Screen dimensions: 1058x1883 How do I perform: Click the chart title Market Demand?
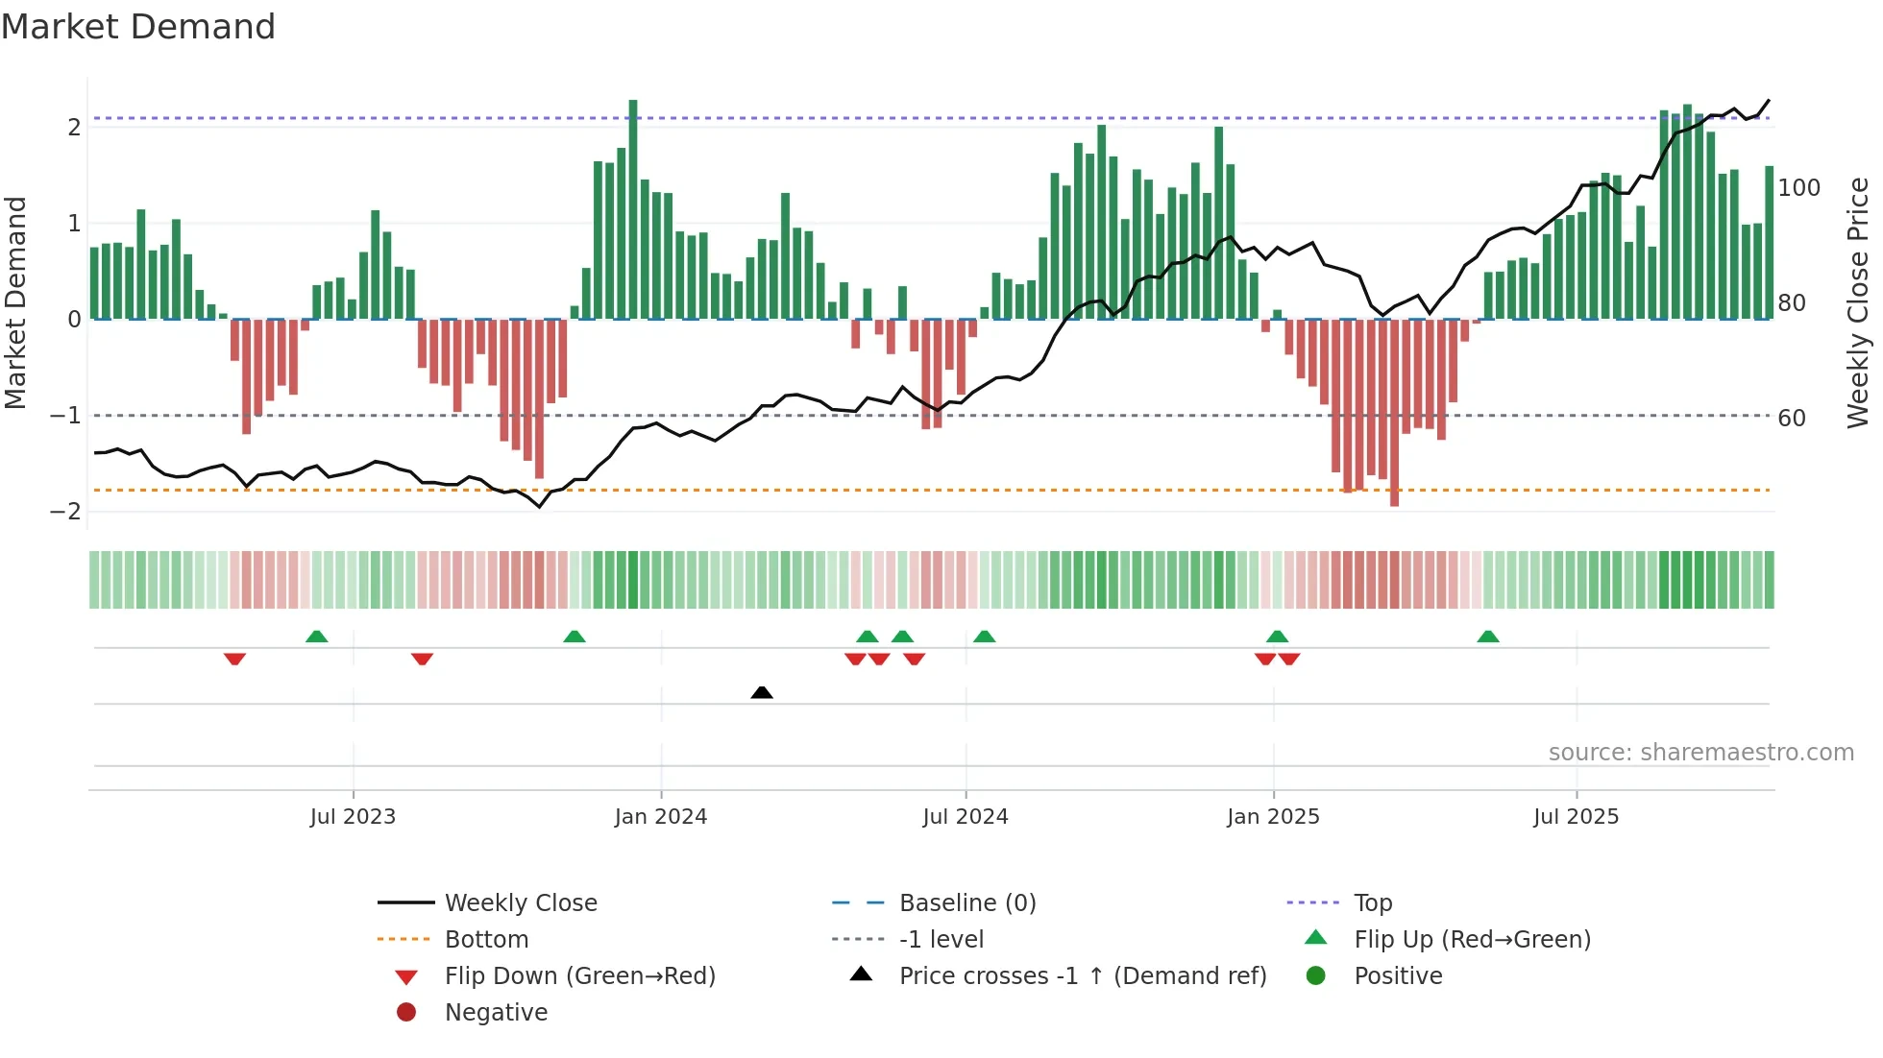(138, 27)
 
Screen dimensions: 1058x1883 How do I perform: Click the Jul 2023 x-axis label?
(353, 817)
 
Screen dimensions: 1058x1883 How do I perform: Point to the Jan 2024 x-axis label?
(661, 817)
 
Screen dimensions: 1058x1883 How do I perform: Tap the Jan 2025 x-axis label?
(1273, 817)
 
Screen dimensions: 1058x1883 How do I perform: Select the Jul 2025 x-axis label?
(1577, 817)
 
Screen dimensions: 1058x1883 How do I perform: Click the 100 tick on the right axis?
(1798, 188)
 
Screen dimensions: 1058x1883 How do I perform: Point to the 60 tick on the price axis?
(1792, 419)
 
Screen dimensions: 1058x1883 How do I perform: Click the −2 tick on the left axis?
(65, 512)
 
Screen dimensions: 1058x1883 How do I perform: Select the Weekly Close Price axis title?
(1858, 302)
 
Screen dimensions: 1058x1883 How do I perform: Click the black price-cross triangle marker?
(762, 692)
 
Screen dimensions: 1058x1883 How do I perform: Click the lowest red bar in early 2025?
(1394, 413)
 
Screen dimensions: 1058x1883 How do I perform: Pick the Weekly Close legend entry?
(520, 903)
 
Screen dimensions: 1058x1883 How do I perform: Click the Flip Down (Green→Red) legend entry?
(579, 976)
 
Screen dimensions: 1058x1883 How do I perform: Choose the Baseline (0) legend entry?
(966, 903)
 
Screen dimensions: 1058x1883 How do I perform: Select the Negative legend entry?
(496, 1013)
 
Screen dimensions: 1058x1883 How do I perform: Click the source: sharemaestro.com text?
(1700, 753)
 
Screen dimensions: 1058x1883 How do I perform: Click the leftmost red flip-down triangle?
(234, 659)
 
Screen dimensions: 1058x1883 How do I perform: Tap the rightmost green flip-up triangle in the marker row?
(1488, 637)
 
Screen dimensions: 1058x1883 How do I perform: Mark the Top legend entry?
(1372, 903)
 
